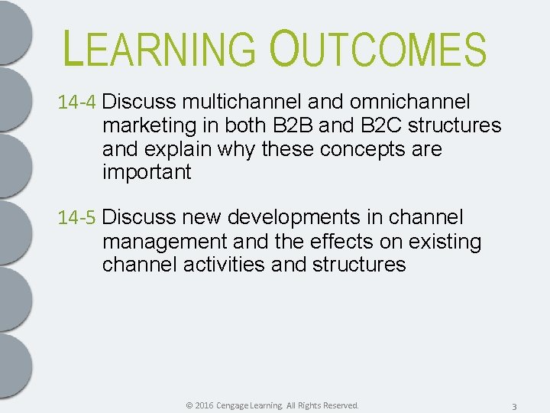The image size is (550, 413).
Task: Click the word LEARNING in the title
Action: [160, 49]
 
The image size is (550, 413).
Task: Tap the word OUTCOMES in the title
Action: [377, 49]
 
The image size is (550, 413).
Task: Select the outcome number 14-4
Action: [78, 102]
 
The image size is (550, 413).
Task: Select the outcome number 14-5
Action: [78, 218]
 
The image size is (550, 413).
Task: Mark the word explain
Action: [182, 149]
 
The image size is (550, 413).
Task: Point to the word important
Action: [146, 172]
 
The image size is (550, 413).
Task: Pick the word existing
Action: [445, 242]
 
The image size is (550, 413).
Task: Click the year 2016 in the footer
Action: [203, 405]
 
